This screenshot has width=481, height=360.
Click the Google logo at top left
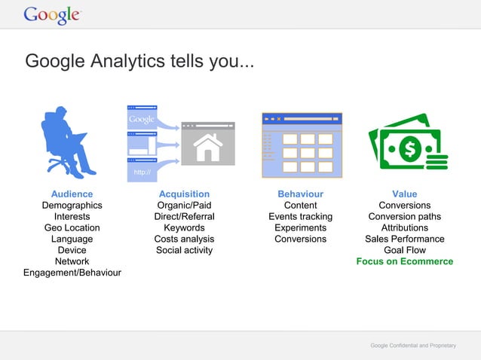[x=51, y=14]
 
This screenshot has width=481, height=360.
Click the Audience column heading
[x=72, y=194]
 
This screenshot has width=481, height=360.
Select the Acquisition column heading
[x=184, y=194]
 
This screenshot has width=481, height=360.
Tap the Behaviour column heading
[x=300, y=194]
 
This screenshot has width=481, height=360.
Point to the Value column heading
[x=404, y=194]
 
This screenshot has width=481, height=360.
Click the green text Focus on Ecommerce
[x=405, y=261]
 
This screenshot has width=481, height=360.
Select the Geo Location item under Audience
[x=72, y=227]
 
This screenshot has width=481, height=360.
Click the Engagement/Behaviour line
[x=72, y=273]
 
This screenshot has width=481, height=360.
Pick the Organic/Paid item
[x=184, y=205]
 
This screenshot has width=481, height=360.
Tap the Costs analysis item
[x=184, y=239]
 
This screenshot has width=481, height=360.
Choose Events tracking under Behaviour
[x=300, y=216]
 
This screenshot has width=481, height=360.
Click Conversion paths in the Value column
[x=405, y=216]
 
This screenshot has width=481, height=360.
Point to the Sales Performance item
[x=405, y=239]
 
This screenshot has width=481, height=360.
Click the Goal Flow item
[x=405, y=250]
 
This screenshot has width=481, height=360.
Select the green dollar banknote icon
[x=406, y=145]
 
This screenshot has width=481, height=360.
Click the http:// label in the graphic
[x=141, y=172]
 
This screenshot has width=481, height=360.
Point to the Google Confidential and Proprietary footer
[x=412, y=345]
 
